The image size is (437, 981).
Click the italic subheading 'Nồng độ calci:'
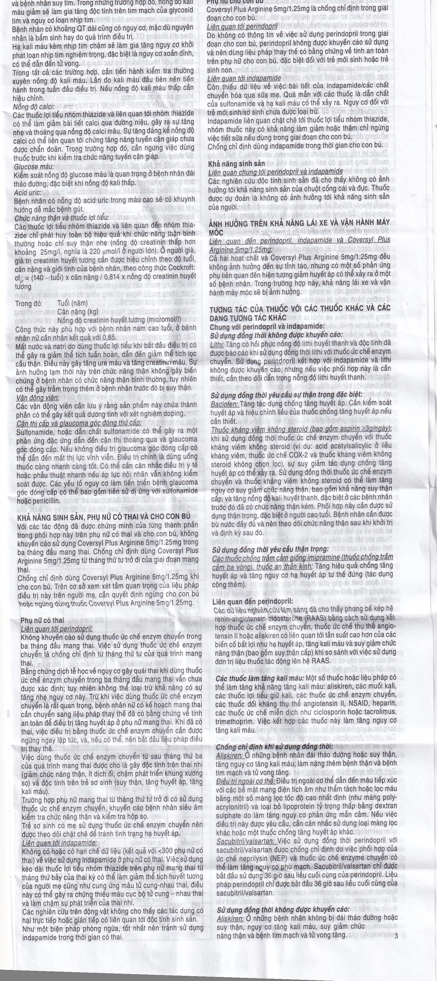[33, 107]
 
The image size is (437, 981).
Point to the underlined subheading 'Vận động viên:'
[37, 397]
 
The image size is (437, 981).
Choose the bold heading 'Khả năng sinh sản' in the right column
[236, 164]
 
